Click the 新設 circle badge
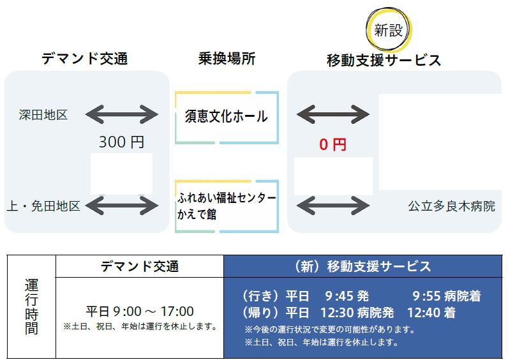389,30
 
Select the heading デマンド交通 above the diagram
85,59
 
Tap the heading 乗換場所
227,59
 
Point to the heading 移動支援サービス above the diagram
384,61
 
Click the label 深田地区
43,115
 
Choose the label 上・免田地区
43,206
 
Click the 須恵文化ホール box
227,117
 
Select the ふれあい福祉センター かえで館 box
227,206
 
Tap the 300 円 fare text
121,142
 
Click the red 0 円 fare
332,145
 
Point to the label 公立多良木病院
451,206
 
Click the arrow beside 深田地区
121,115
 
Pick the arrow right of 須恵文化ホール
333,115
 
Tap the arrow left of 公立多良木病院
333,206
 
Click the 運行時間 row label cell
31,306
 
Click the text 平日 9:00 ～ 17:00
140,311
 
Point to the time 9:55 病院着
446,296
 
